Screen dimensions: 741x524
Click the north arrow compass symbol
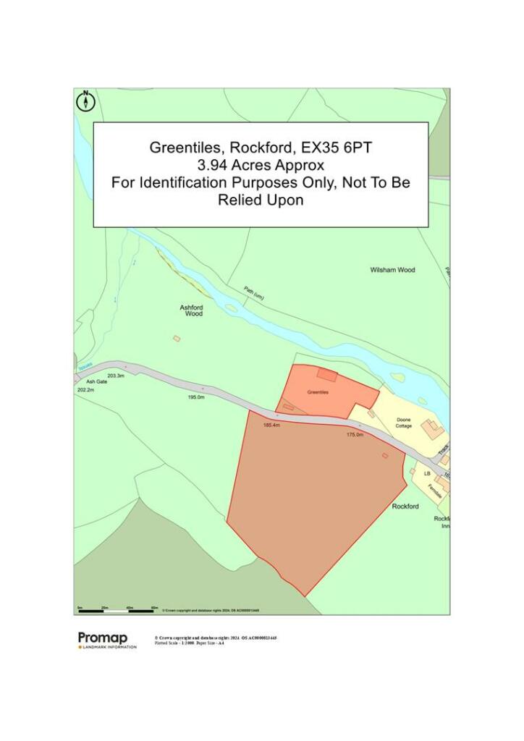(86, 101)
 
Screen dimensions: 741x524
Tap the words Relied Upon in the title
(261, 200)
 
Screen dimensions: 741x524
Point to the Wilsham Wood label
(392, 270)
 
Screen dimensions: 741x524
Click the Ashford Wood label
(192, 310)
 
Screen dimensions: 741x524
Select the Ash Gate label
(96, 381)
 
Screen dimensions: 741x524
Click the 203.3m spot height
(116, 376)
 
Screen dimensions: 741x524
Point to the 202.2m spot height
(85, 390)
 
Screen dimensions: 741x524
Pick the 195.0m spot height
(196, 397)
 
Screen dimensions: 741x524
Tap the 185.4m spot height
(271, 425)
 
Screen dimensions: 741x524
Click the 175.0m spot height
(355, 434)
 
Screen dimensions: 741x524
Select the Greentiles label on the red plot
(318, 392)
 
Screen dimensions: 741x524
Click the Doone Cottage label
(404, 423)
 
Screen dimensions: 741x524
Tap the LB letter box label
(427, 473)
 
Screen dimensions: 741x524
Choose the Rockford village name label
(405, 507)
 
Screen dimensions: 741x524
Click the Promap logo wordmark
(103, 638)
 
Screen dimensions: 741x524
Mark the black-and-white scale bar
(116, 611)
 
